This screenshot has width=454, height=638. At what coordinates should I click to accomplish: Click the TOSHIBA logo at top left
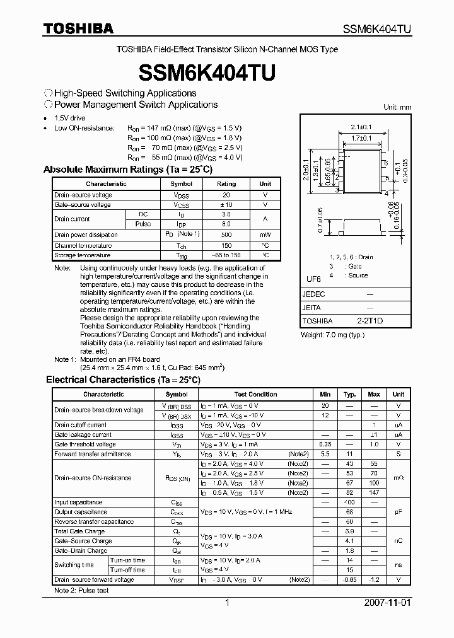pyautogui.click(x=78, y=28)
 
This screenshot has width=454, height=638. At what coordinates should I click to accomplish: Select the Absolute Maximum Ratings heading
pyautogui.click(x=128, y=170)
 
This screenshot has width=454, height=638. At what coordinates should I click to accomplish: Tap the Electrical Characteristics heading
pyautogui.click(x=123, y=380)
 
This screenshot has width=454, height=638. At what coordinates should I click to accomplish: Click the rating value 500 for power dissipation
pyautogui.click(x=226, y=235)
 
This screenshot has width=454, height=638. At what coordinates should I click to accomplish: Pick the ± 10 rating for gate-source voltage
pyautogui.click(x=226, y=205)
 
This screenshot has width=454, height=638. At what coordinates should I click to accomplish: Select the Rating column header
pyautogui.click(x=226, y=184)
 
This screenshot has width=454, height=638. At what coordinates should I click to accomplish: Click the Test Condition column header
pyautogui.click(x=255, y=394)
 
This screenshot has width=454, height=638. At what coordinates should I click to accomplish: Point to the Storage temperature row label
pyautogui.click(x=83, y=255)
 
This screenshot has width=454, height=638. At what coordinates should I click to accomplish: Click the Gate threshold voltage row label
pyautogui.click(x=85, y=444)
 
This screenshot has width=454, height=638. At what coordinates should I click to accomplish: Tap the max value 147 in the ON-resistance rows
pyautogui.click(x=374, y=492)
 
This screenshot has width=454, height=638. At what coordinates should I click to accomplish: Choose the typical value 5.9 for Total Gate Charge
pyautogui.click(x=349, y=531)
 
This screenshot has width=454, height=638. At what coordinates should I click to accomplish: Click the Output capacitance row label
pyautogui.click(x=81, y=512)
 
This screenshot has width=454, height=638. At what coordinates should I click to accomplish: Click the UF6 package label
pyautogui.click(x=313, y=279)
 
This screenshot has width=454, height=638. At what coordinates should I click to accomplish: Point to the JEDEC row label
pyautogui.click(x=314, y=294)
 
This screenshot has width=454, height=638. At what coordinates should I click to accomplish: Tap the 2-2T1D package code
pyautogui.click(x=370, y=321)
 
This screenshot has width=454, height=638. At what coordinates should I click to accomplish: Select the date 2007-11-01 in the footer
pyautogui.click(x=387, y=602)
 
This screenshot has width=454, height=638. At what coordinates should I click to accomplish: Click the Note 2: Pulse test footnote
pyautogui.click(x=81, y=591)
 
